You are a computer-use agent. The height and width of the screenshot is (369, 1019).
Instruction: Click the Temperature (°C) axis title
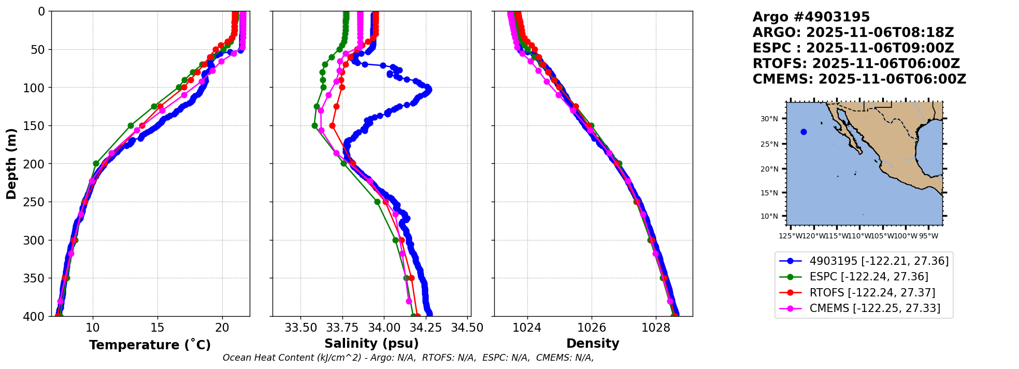click(x=150, y=345)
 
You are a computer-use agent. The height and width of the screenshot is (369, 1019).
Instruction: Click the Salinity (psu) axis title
click(x=371, y=344)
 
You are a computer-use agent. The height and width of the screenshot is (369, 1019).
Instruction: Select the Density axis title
click(x=593, y=344)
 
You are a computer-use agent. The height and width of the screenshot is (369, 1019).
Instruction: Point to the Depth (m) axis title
click(x=11, y=164)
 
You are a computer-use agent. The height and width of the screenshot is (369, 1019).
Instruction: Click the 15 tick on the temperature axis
click(x=157, y=328)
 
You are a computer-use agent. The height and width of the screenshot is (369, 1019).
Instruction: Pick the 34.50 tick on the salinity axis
click(x=467, y=328)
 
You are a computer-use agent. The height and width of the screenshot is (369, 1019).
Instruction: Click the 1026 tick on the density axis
click(x=592, y=328)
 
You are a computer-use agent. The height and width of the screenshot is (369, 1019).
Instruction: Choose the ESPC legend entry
click(x=869, y=277)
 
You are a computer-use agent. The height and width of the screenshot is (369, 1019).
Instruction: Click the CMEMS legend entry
click(x=874, y=308)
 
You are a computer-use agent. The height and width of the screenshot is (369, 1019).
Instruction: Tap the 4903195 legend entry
click(x=879, y=261)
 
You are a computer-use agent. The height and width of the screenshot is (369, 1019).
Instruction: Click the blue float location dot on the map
click(x=803, y=132)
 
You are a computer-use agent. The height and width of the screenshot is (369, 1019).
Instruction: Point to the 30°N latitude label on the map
click(x=769, y=119)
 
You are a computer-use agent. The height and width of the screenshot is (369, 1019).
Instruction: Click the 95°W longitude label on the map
click(x=928, y=236)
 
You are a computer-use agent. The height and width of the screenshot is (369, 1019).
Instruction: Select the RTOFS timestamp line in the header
click(x=856, y=64)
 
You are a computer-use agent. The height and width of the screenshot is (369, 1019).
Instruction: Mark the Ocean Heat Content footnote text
click(x=408, y=358)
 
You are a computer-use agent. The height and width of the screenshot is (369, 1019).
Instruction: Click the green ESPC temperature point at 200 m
click(x=96, y=164)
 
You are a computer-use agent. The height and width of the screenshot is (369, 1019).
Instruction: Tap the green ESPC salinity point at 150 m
click(x=314, y=125)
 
